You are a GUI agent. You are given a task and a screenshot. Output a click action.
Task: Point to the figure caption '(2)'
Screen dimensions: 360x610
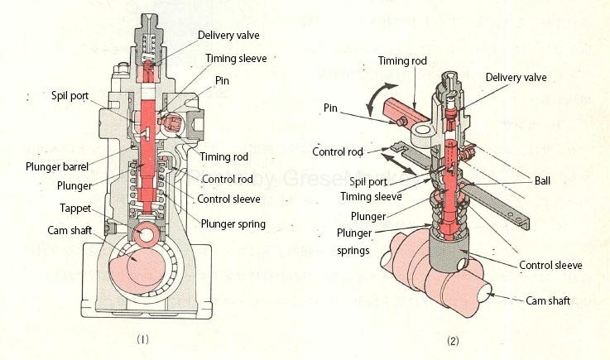(x=453, y=339)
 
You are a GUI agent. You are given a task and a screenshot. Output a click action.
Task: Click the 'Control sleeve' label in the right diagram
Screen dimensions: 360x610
(x=550, y=266)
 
